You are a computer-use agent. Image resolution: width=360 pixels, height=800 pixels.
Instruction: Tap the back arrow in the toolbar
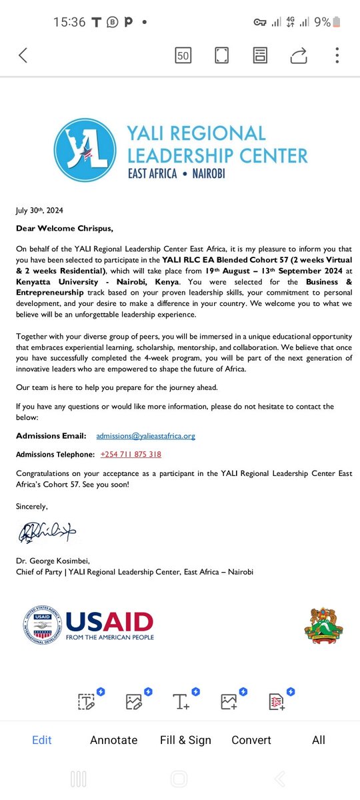(x=23, y=55)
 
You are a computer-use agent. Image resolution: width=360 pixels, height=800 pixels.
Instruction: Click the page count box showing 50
(x=183, y=55)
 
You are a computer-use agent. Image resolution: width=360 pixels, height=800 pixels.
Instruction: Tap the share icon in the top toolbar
(x=299, y=55)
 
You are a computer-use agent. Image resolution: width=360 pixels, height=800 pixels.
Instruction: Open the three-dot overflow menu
(x=337, y=55)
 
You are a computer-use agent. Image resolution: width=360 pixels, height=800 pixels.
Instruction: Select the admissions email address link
(x=145, y=436)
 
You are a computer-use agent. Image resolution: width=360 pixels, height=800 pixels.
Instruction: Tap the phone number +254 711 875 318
(x=131, y=455)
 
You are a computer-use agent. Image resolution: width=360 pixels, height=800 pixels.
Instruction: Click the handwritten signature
(x=48, y=531)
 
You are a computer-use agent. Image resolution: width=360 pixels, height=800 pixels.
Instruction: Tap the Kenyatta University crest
(x=323, y=625)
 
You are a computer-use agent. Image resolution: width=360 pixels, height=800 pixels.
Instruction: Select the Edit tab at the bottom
(x=42, y=740)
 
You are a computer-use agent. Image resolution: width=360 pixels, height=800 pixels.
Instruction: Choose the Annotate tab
(x=113, y=740)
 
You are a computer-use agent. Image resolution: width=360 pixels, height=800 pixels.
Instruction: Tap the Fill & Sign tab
(x=185, y=740)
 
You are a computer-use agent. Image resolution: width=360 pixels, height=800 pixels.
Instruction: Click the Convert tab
(x=251, y=740)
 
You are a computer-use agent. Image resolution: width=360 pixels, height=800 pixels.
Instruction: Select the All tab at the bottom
(x=319, y=740)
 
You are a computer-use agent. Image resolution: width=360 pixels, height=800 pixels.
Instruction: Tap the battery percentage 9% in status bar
(x=322, y=22)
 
